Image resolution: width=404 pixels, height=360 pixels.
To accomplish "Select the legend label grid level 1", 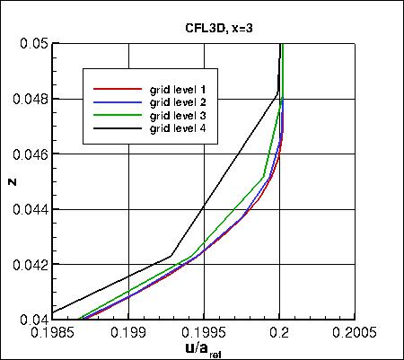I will [183, 90].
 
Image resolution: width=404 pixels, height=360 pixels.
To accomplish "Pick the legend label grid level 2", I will [183, 102].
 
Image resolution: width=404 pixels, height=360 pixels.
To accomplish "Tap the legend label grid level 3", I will [183, 116].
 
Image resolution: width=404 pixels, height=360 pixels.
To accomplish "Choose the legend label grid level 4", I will [183, 128].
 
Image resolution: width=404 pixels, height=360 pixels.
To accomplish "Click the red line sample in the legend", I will [117, 90].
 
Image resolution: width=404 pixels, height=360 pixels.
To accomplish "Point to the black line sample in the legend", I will [117, 128].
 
